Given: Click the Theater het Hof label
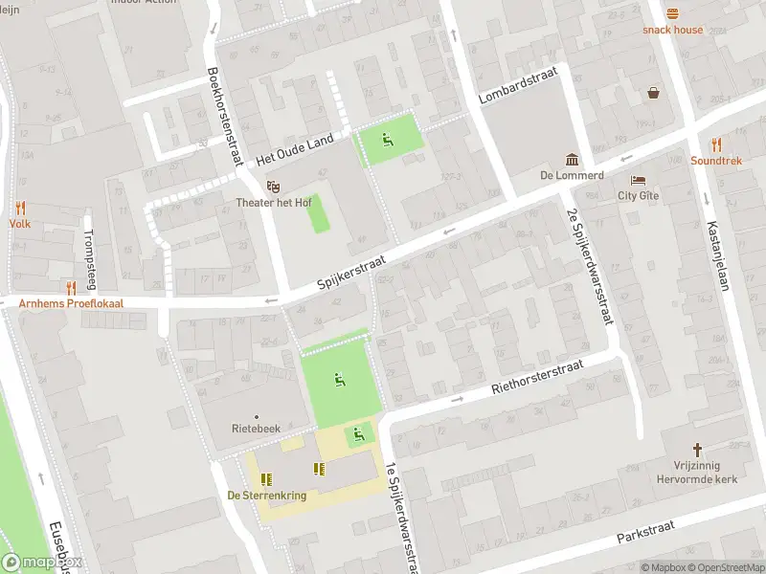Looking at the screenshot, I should click(x=274, y=203).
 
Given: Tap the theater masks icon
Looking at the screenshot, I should click(x=274, y=187).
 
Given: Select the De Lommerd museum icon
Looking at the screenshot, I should click(x=572, y=159).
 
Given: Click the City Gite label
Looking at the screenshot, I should click(x=638, y=195).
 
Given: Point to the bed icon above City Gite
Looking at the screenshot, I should click(x=638, y=180).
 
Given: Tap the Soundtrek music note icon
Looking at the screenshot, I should click(x=716, y=144).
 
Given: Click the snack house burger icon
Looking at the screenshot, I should click(x=672, y=13).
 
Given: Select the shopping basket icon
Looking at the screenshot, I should click(x=654, y=93).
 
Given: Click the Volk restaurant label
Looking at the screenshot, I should click(x=20, y=223).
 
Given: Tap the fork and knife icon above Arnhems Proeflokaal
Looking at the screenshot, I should click(x=70, y=288).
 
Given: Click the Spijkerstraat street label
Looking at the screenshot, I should click(x=350, y=275).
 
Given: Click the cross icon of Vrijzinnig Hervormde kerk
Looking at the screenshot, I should click(x=698, y=449).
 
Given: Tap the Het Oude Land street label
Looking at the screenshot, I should click(x=295, y=148).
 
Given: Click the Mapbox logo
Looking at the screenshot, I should click(x=42, y=563).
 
